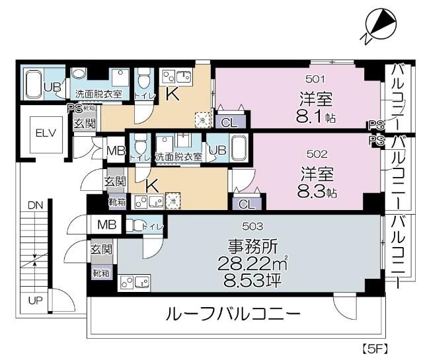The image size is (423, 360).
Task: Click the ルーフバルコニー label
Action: (x=234, y=314)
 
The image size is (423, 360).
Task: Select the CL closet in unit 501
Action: (x=229, y=122)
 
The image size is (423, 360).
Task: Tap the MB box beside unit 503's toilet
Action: (x=107, y=225)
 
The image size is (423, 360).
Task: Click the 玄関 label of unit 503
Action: (x=102, y=250)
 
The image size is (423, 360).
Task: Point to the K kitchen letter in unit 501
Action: (x=172, y=94)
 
